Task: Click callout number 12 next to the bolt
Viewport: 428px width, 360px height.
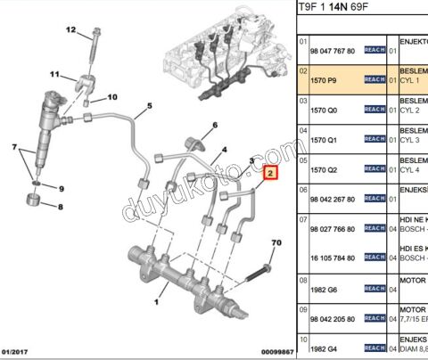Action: (x=71, y=29)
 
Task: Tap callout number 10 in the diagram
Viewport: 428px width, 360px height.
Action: (x=112, y=97)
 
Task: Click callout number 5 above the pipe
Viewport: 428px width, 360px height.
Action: (x=149, y=106)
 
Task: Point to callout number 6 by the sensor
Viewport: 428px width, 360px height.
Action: (x=215, y=125)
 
